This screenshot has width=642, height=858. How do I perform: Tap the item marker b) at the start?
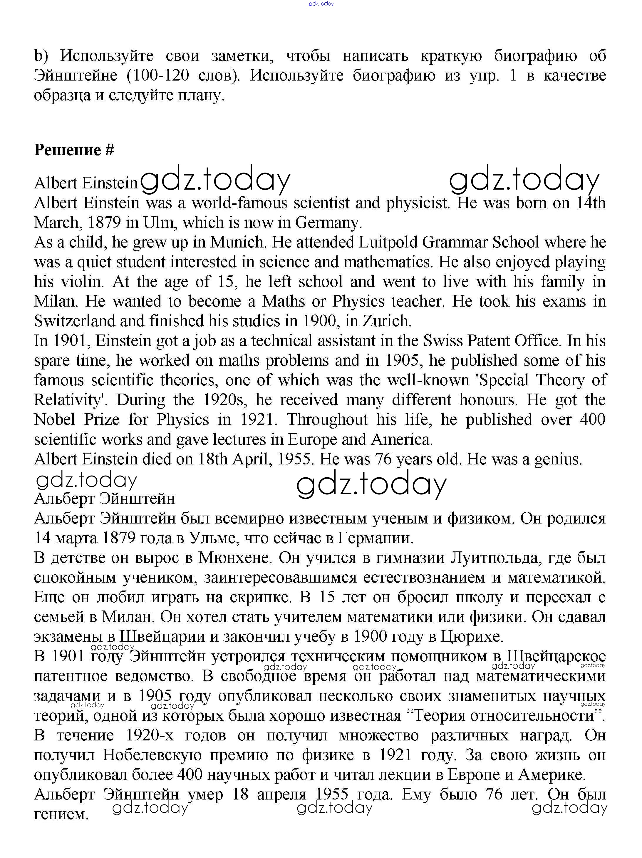click(x=41, y=56)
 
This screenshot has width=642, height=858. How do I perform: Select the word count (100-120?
click(x=158, y=75)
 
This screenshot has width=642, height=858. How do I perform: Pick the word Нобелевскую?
click(x=152, y=755)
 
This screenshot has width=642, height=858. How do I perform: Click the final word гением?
click(x=61, y=814)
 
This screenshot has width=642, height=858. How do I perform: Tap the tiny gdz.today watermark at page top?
click(x=321, y=4)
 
